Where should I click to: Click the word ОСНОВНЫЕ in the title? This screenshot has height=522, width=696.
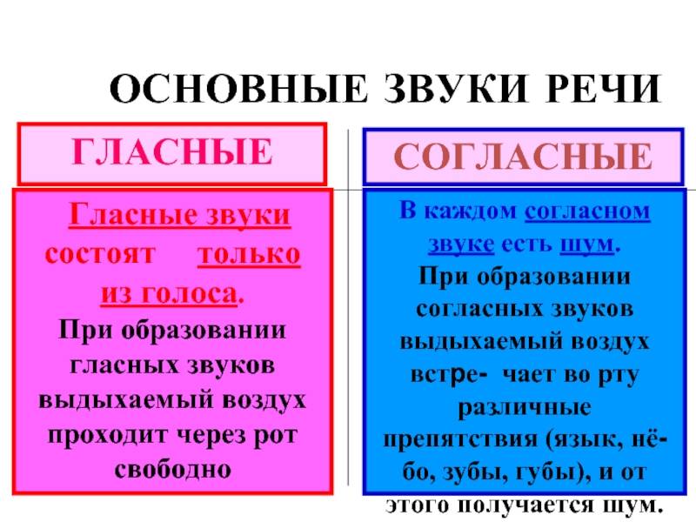[x=238, y=89]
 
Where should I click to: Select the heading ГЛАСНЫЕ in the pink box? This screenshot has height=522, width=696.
[x=171, y=151]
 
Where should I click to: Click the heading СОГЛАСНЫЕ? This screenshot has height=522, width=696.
[x=523, y=156]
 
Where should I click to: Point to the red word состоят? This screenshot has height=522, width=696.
[x=100, y=255]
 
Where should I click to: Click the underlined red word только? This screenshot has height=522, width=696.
[x=249, y=255]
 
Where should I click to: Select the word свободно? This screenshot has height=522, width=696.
[x=172, y=469]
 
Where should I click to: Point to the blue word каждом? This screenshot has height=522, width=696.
[x=471, y=211]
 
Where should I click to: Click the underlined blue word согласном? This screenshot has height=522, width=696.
[x=587, y=211]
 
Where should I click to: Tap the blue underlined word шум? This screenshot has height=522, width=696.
[x=586, y=244]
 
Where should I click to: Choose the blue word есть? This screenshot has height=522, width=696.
[x=526, y=244]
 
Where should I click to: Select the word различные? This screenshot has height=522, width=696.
[x=525, y=407]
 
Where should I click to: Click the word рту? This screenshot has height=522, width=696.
[x=619, y=376]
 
